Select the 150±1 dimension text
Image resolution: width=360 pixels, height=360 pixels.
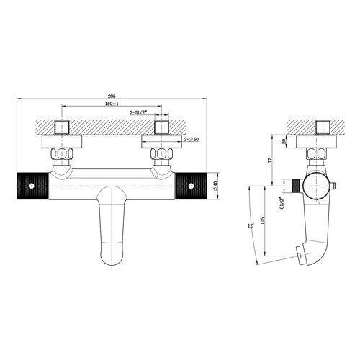point(112,105)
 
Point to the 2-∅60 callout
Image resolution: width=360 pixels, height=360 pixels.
point(192,139)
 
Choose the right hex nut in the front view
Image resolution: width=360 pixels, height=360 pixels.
point(160,154)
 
